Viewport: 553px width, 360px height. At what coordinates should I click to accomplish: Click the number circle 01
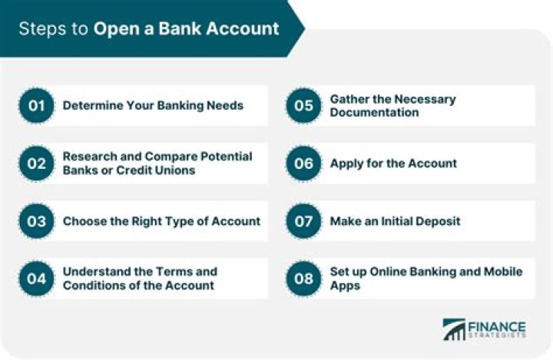coord(36,105)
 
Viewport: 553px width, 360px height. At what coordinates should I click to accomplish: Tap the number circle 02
coord(36,163)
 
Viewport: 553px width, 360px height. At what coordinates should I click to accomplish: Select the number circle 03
coord(36,221)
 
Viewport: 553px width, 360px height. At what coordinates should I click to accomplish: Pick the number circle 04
coord(36,278)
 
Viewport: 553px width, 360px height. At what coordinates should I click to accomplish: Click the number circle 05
coord(304,105)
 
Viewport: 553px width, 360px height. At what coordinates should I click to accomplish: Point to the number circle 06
coord(304,163)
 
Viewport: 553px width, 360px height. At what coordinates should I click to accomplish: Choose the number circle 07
coord(304,221)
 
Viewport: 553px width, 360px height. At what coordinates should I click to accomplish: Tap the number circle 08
coord(304,278)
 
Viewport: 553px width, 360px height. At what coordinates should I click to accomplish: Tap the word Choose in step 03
coord(84,221)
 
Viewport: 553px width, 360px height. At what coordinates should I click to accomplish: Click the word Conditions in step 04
coord(94,285)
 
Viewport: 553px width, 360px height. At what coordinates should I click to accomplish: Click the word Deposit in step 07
coord(435,221)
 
